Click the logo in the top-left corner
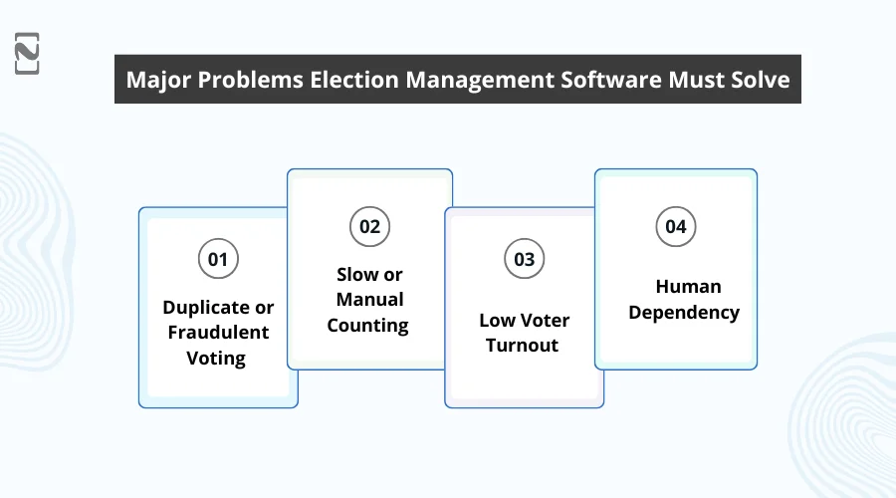pyautogui.click(x=28, y=53)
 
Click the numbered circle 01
pyautogui.click(x=218, y=260)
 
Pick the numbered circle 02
pyautogui.click(x=369, y=226)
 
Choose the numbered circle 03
pyautogui.click(x=524, y=260)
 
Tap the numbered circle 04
pyautogui.click(x=676, y=226)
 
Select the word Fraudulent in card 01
pyautogui.click(x=218, y=332)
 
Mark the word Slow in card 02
pyautogui.click(x=355, y=274)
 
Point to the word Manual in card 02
pyautogui.click(x=369, y=299)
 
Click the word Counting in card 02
pyautogui.click(x=368, y=325)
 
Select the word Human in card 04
pyautogui.click(x=688, y=286)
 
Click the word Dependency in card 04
pyautogui.click(x=684, y=312)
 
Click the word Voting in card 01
pyautogui.click(x=216, y=358)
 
